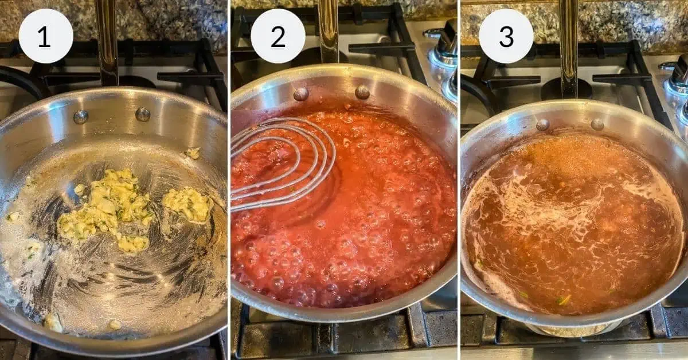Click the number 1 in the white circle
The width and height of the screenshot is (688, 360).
pos(45,36)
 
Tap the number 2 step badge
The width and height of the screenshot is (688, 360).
pos(277,36)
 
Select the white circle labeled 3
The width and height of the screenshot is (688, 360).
pos(506,36)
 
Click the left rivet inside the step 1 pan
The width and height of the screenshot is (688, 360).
pos(81,116)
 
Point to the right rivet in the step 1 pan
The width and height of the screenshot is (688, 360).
pos(142,114)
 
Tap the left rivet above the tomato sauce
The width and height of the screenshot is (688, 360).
pos(301,94)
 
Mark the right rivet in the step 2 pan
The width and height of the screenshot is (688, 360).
pos(362,92)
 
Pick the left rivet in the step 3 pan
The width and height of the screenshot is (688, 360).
pos(542,125)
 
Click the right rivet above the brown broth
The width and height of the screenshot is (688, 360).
pos(597,124)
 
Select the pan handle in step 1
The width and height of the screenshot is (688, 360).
pos(107,40)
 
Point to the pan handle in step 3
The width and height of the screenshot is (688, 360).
pos(568,46)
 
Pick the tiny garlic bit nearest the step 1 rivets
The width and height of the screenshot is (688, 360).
pos(193,153)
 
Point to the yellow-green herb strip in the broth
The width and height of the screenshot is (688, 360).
pos(564,300)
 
